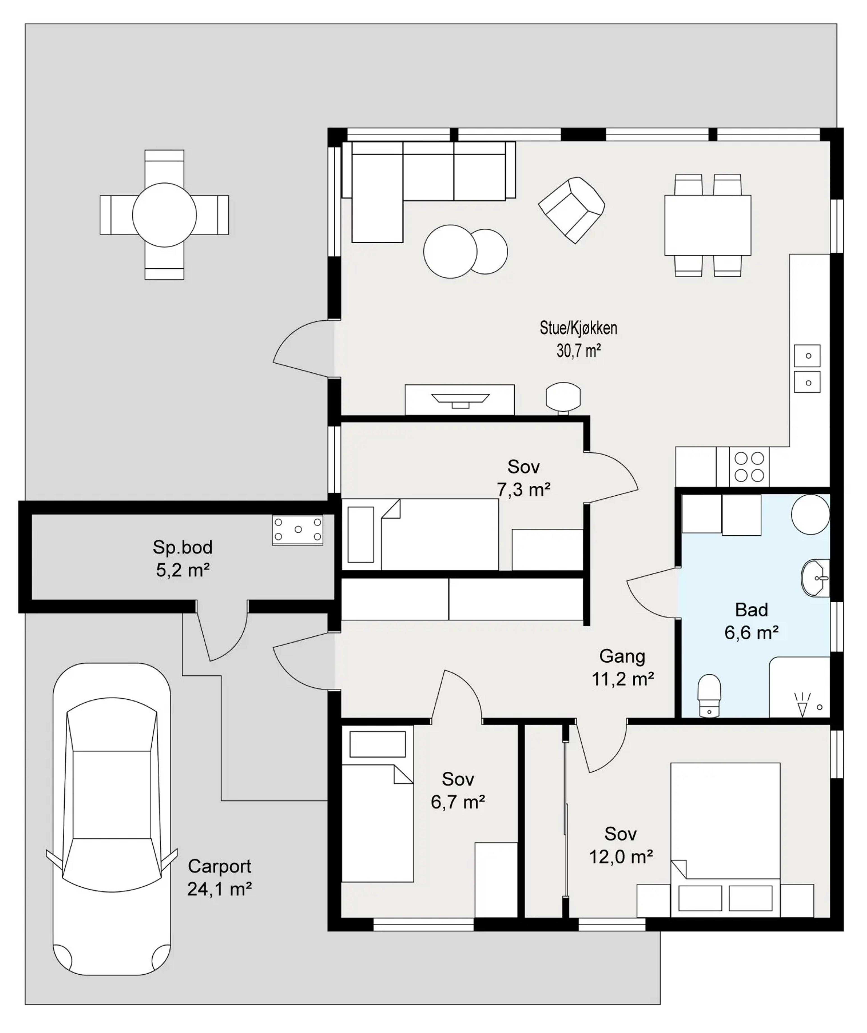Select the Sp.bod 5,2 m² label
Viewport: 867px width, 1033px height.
(183, 559)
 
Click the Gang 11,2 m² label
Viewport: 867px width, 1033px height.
(622, 668)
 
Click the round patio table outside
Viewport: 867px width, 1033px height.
(164, 215)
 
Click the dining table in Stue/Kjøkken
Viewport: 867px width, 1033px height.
(708, 225)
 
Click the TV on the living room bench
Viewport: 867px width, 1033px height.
(460, 400)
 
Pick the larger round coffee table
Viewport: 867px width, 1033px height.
(450, 251)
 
